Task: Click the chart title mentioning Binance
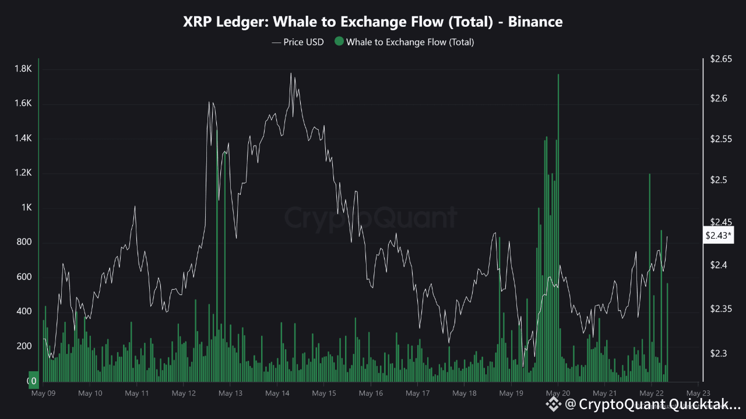[373, 22]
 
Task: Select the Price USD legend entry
[298, 42]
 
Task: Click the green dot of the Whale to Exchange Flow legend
[339, 42]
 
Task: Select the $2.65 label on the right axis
[721, 59]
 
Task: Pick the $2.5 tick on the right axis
[719, 180]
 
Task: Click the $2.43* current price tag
[719, 236]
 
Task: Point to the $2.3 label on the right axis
[719, 353]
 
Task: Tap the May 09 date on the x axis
[43, 393]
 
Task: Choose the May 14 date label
[277, 393]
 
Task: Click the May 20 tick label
[558, 393]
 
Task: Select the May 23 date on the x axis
[698, 393]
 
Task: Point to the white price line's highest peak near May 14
[290, 74]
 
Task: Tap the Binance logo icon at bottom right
[552, 403]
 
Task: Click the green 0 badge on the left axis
[34, 381]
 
